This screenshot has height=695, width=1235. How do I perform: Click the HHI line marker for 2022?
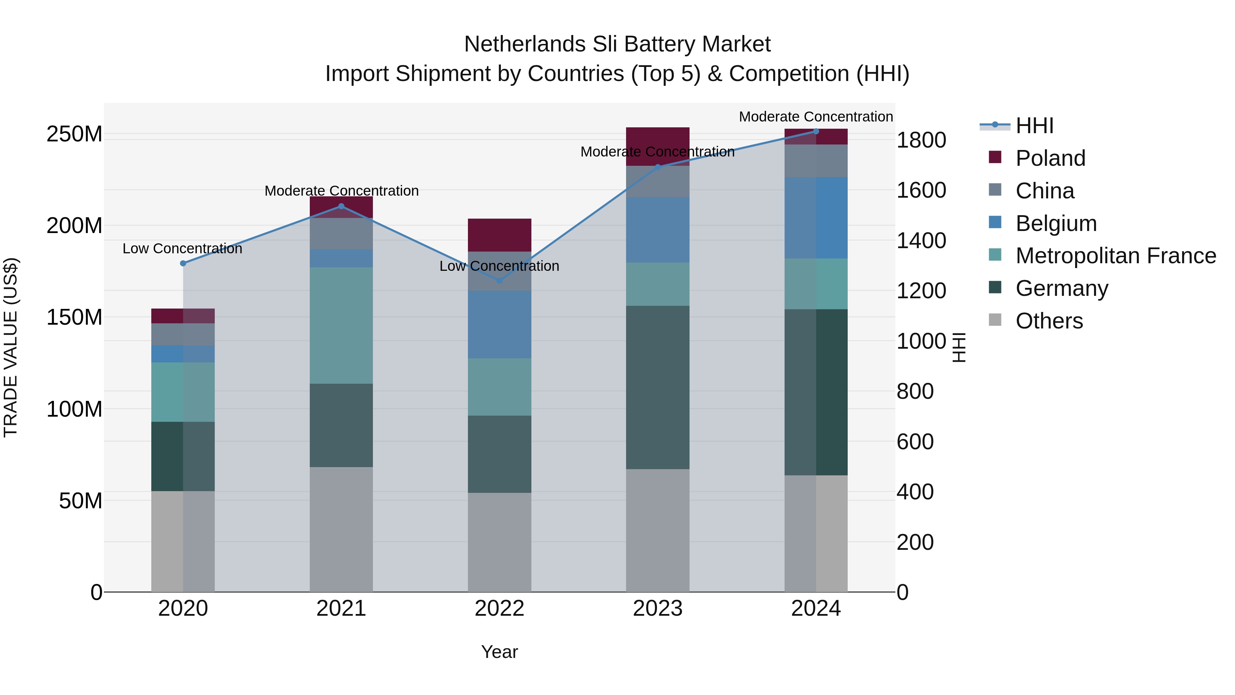click(499, 281)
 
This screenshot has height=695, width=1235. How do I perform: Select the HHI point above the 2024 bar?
click(816, 131)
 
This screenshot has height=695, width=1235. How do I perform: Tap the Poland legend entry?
click(1050, 158)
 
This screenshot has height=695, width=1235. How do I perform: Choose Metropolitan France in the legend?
click(1115, 256)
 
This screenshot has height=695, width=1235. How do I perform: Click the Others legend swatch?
click(995, 320)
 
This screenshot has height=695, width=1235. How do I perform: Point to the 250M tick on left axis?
click(74, 134)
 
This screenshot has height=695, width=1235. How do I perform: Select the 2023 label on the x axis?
click(657, 609)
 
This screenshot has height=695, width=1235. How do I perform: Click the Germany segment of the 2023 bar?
click(657, 387)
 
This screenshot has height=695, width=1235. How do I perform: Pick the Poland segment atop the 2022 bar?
click(499, 235)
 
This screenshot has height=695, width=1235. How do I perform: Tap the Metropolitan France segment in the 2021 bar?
click(341, 325)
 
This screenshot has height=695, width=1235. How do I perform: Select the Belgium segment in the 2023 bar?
click(657, 229)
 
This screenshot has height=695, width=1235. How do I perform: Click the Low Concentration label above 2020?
click(182, 249)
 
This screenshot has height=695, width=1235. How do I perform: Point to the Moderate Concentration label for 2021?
click(341, 191)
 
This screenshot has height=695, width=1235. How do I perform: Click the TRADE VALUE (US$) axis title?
click(11, 347)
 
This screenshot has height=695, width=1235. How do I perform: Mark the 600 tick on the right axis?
click(915, 442)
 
